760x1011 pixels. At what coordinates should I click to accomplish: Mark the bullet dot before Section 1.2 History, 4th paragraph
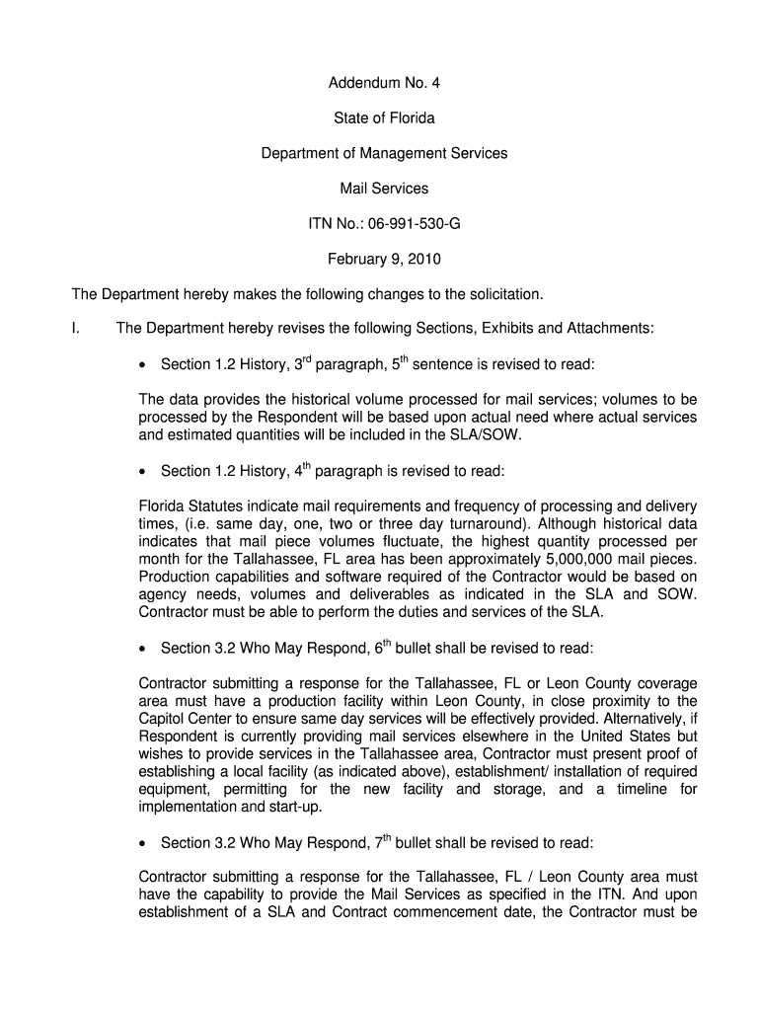[145, 472]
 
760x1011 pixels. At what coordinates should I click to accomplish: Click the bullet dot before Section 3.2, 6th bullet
[145, 650]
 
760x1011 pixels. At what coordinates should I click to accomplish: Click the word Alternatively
[633, 720]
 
